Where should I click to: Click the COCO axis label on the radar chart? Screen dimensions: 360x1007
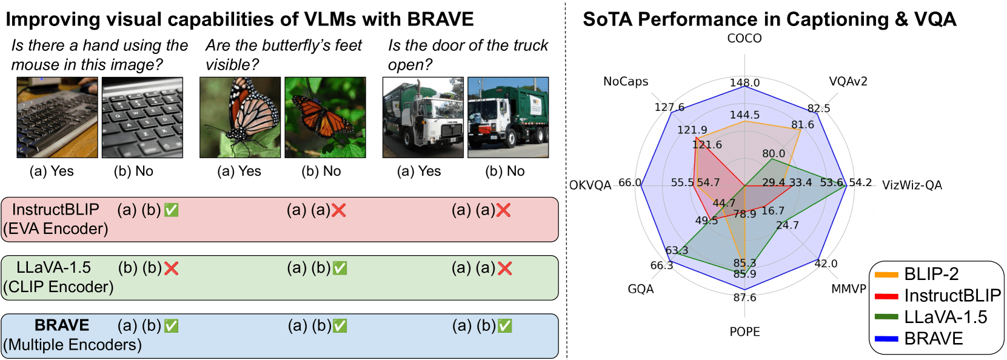[744, 38]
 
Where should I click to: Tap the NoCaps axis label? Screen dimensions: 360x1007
[625, 81]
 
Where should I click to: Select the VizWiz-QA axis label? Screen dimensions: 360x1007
[911, 185]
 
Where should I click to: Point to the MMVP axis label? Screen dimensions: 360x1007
[848, 288]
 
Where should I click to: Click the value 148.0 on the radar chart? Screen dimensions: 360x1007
[744, 82]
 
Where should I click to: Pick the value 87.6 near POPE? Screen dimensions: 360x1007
[744, 298]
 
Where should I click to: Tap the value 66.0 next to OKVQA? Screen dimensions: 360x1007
[629, 182]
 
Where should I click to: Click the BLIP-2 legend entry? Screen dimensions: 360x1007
[931, 274]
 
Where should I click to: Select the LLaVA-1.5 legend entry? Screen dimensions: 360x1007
[945, 317]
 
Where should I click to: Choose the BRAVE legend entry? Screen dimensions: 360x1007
[933, 338]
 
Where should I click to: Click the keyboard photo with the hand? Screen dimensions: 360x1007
[57, 117]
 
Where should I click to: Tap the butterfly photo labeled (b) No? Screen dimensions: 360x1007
[325, 117]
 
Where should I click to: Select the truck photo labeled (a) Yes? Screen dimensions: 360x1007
[423, 117]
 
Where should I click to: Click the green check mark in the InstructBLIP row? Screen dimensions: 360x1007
[172, 210]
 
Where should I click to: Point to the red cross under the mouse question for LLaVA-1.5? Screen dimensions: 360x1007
[172, 268]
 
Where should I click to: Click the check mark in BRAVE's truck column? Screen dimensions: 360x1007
[504, 326]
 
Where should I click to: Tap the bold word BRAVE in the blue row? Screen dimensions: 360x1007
[62, 325]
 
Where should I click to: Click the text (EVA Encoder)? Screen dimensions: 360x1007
[55, 229]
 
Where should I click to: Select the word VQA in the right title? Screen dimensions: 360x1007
[934, 19]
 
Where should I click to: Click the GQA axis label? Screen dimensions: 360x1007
[640, 289]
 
